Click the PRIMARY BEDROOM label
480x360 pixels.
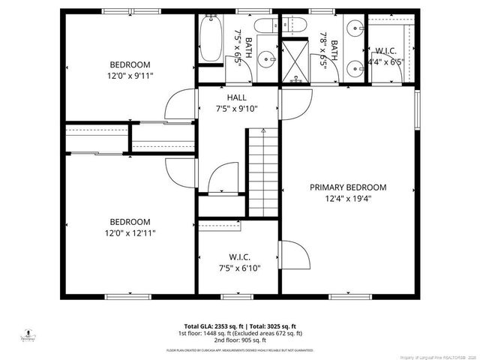click(348, 187)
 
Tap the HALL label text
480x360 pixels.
click(237, 97)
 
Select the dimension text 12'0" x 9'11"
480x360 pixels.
click(130, 76)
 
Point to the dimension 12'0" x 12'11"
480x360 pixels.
click(130, 233)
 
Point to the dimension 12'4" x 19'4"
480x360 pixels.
click(348, 199)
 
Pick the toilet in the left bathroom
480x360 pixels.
click(264, 27)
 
